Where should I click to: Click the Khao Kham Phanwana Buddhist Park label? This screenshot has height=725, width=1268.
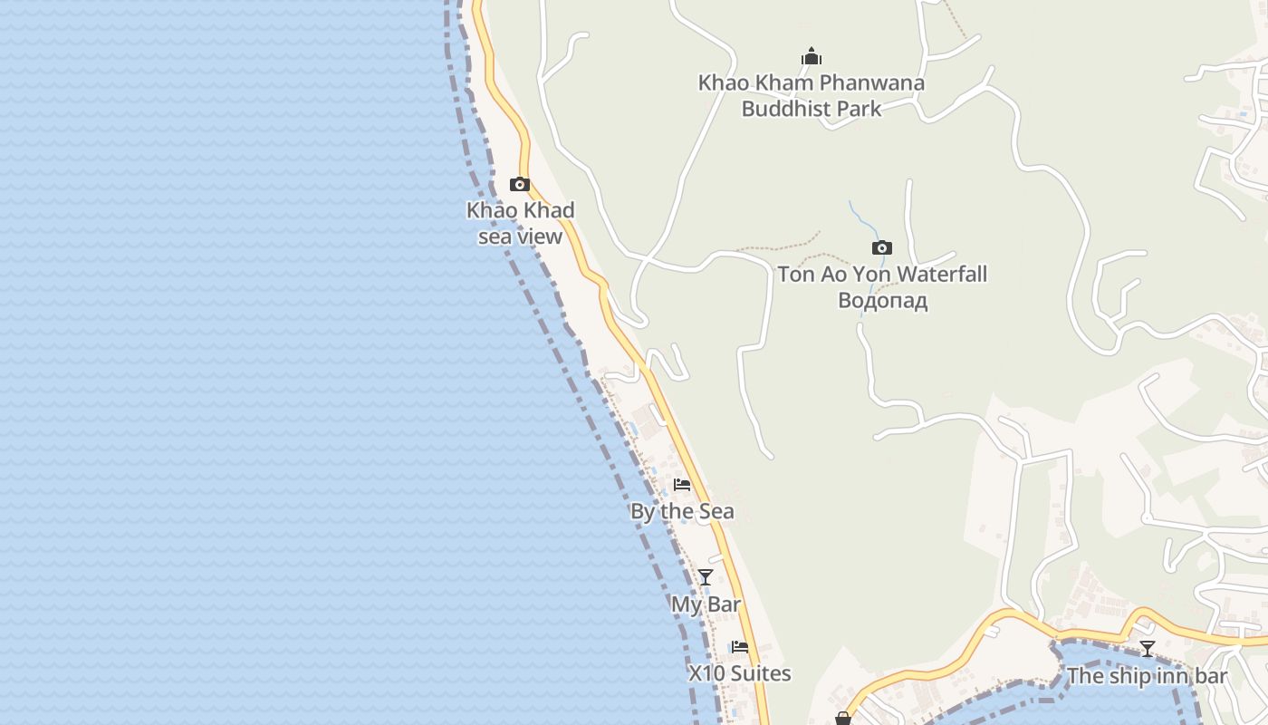click(811, 95)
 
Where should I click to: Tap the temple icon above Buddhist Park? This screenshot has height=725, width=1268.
click(812, 57)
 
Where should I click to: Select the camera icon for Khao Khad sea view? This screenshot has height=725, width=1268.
click(520, 185)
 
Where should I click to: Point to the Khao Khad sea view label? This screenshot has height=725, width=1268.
click(521, 223)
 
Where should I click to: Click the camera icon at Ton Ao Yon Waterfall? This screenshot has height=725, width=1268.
click(881, 248)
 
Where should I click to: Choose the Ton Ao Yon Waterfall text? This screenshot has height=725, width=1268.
click(882, 274)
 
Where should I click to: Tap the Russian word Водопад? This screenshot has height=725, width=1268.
click(882, 300)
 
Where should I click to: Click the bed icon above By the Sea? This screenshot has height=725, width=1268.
click(682, 485)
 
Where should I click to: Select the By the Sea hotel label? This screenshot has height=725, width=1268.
click(682, 511)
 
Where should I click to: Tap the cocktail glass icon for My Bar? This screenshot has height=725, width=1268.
click(706, 577)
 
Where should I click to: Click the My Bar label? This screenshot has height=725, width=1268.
click(706, 604)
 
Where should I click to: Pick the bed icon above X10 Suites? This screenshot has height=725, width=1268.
click(740, 647)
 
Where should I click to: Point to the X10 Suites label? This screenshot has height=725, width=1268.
click(740, 673)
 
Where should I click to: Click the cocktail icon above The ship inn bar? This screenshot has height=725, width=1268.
click(1148, 649)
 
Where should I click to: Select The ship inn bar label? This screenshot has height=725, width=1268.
click(1147, 676)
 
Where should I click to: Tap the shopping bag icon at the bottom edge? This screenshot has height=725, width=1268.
click(843, 719)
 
